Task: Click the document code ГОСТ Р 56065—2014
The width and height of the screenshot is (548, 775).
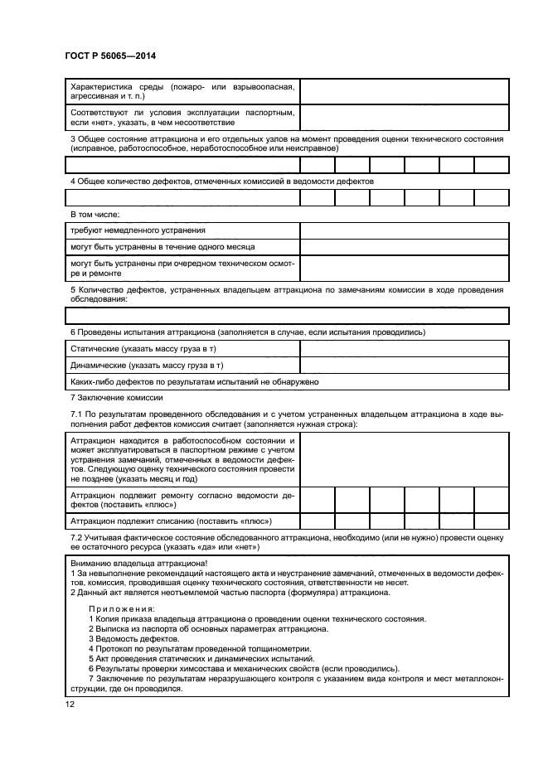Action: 109,56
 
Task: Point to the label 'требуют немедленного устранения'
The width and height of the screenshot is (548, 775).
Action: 138,230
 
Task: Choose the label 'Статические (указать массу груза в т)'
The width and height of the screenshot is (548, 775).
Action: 148,349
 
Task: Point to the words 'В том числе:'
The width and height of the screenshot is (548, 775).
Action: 96,214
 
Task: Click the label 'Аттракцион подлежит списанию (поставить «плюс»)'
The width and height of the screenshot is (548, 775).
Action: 172,521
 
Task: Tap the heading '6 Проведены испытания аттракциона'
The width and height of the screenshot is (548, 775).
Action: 248,332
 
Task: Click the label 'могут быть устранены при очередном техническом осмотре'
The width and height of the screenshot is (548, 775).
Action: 182,268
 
